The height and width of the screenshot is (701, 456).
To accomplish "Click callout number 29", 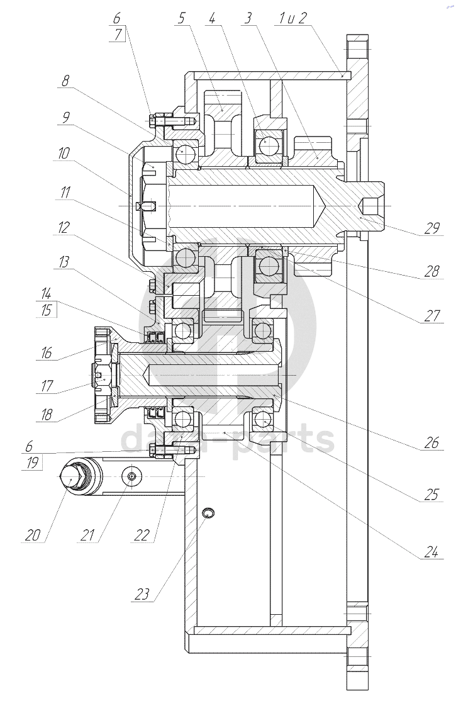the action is pos(431,228).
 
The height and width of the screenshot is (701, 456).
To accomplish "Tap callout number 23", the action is pos(142,594).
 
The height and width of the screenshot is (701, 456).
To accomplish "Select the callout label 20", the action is pos(33,535).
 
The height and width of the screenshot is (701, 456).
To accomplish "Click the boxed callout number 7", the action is pos(118,35).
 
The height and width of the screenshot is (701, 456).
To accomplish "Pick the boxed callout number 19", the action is pos(31,463).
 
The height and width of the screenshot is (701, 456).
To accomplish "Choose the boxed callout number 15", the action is pos(46,310).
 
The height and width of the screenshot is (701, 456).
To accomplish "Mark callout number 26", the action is pos(431,442).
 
